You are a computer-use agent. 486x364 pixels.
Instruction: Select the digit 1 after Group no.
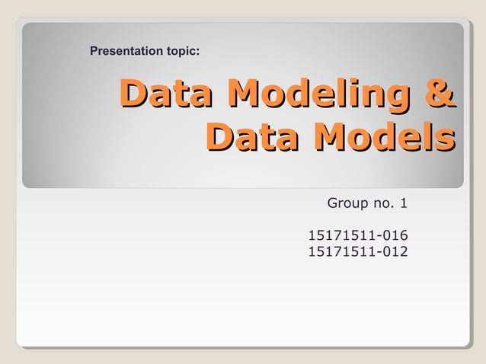click(x=404, y=203)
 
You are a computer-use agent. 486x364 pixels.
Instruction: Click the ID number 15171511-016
click(x=357, y=235)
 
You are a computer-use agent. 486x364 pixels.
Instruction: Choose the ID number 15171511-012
click(x=357, y=251)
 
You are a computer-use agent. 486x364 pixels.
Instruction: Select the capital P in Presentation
click(x=94, y=52)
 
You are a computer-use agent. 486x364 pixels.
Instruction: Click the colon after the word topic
click(x=199, y=53)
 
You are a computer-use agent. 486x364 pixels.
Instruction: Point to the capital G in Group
click(x=332, y=203)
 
